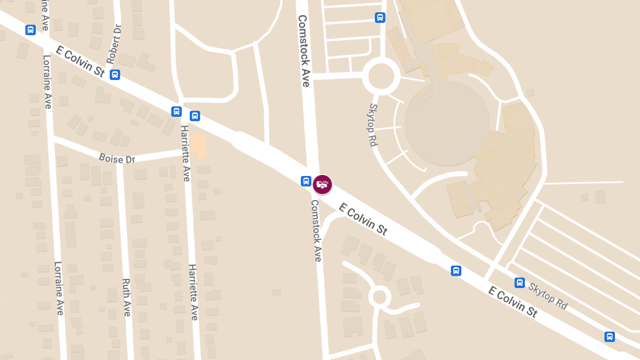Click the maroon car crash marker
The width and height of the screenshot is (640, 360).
click(x=322, y=185)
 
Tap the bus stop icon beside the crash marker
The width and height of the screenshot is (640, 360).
click(x=306, y=181)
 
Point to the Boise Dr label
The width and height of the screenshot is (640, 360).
click(x=117, y=158)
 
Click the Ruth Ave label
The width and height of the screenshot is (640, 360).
click(x=126, y=297)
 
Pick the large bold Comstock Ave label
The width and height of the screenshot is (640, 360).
click(x=303, y=51)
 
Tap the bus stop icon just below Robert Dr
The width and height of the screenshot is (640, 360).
click(x=115, y=75)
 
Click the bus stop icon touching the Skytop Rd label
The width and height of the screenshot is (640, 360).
click(x=519, y=283)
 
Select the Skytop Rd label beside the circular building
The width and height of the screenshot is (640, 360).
click(x=372, y=125)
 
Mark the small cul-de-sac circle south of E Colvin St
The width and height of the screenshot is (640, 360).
click(x=380, y=296)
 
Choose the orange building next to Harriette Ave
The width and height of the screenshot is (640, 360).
click(x=199, y=147)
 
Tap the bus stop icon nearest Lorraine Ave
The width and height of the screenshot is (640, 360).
click(x=30, y=30)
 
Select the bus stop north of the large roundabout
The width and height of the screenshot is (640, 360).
click(x=380, y=18)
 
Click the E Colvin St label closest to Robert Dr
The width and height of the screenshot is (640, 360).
click(x=80, y=62)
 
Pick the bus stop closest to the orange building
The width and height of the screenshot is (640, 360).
click(x=195, y=116)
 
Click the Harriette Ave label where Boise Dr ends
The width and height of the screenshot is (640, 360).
click(x=185, y=153)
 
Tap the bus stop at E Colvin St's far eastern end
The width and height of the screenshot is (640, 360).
click(x=610, y=337)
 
